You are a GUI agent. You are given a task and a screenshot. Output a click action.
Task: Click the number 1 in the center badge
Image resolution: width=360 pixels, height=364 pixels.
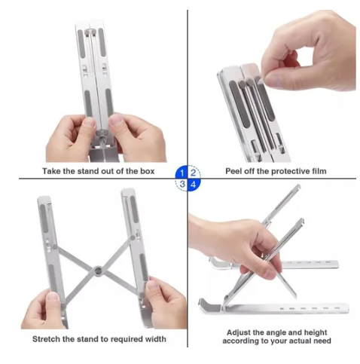(182, 173)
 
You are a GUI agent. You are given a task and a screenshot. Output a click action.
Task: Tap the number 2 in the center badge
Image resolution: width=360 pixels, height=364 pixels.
(193, 173)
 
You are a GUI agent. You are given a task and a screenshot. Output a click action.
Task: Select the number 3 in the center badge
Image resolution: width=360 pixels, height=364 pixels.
(182, 184)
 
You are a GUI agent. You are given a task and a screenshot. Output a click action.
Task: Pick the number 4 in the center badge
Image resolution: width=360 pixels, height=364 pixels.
(193, 184)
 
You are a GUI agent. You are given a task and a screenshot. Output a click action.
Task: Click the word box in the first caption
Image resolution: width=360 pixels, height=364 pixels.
(147, 171)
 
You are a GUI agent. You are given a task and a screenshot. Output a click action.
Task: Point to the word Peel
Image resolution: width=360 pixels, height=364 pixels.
(233, 171)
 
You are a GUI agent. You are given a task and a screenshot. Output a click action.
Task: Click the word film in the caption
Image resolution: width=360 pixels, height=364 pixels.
(319, 171)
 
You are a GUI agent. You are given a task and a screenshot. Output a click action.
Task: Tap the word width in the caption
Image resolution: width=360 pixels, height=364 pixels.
(155, 339)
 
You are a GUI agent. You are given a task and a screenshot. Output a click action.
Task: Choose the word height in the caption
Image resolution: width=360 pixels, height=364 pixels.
(316, 332)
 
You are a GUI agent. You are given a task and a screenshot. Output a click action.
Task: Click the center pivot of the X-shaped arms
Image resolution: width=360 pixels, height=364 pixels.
(98, 271)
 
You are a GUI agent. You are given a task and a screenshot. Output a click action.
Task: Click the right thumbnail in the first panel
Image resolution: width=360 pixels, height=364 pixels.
(116, 123)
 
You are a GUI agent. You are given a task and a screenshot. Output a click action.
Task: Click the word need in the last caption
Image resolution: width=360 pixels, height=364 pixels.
(322, 341)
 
